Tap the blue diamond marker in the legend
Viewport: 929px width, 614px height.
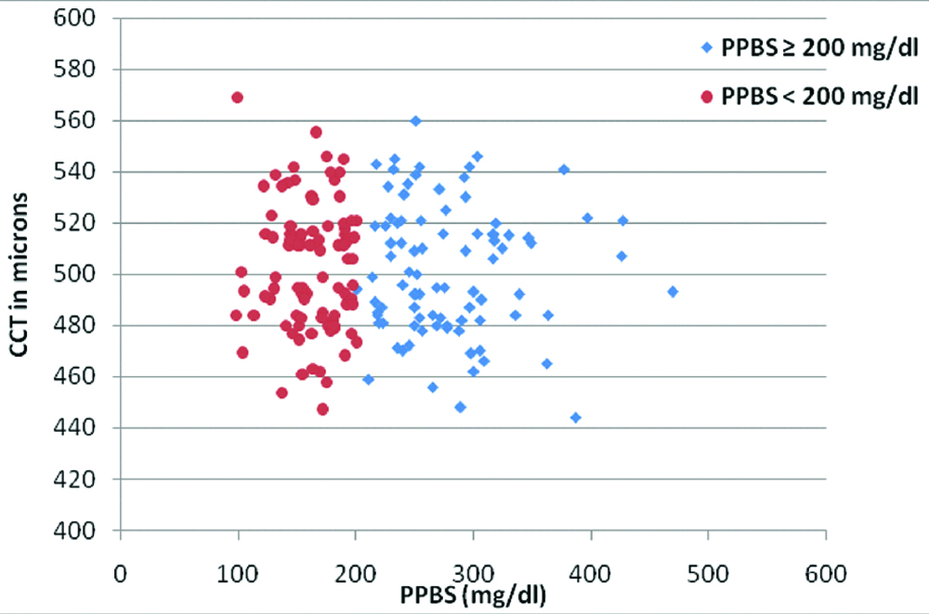point(710,47)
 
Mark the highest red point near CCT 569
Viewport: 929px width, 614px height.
point(237,98)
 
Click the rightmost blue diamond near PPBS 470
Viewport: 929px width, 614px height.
point(673,292)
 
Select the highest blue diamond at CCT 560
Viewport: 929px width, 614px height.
point(416,121)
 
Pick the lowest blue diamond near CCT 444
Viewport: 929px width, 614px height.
point(575,418)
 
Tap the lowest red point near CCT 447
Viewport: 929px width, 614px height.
point(322,410)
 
